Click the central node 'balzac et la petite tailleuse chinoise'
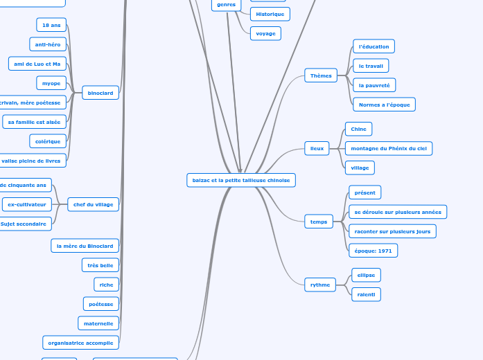click(241, 180)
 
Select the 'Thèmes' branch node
click(321, 75)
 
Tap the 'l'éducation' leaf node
click(374, 46)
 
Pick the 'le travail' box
click(371, 66)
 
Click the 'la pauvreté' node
click(374, 85)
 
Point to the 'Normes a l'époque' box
click(384, 105)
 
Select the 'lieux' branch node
click(317, 148)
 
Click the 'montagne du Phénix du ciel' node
click(388, 148)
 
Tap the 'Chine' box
click(358, 129)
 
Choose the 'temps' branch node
click(319, 222)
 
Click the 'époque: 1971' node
click(373, 251)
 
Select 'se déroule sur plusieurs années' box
click(397, 212)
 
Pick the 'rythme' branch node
click(320, 285)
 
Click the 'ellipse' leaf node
click(366, 275)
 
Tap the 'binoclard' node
click(100, 93)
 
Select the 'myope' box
click(51, 83)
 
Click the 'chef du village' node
click(94, 204)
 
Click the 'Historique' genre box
click(270, 14)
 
